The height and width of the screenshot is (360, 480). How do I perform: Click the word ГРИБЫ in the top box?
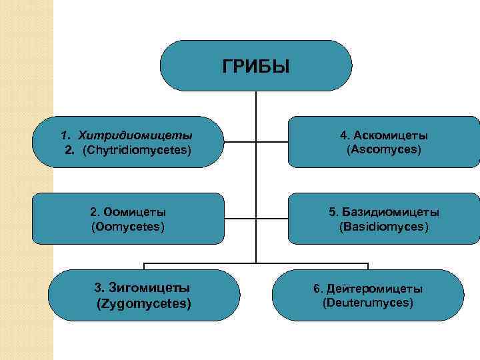click(x=256, y=67)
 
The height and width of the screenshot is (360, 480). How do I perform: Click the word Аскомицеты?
click(x=390, y=135)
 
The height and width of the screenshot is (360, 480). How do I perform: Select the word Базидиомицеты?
click(x=391, y=212)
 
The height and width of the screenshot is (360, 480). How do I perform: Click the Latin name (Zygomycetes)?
click(x=144, y=303)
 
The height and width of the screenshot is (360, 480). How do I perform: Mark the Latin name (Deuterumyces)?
click(x=367, y=303)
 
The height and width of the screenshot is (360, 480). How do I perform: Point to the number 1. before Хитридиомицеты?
click(x=65, y=136)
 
